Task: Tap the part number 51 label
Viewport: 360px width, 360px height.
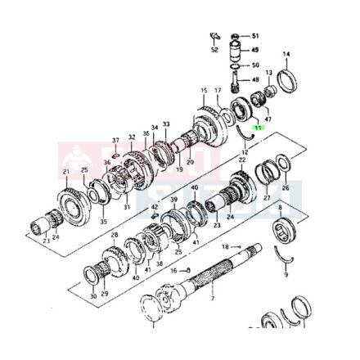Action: pyautogui.click(x=254, y=37)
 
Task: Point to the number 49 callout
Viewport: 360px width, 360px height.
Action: pyautogui.click(x=254, y=50)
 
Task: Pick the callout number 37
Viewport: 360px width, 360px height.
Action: pyautogui.click(x=115, y=141)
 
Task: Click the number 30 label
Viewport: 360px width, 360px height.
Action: pyautogui.click(x=92, y=295)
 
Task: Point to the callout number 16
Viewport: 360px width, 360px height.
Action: pyautogui.click(x=173, y=269)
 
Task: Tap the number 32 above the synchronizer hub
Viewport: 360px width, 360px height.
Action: pyautogui.click(x=131, y=137)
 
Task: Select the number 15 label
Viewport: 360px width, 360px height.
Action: pyautogui.click(x=204, y=90)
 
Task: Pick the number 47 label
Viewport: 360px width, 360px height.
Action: pyautogui.click(x=268, y=119)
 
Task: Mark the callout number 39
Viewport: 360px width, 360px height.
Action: pyautogui.click(x=173, y=199)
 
